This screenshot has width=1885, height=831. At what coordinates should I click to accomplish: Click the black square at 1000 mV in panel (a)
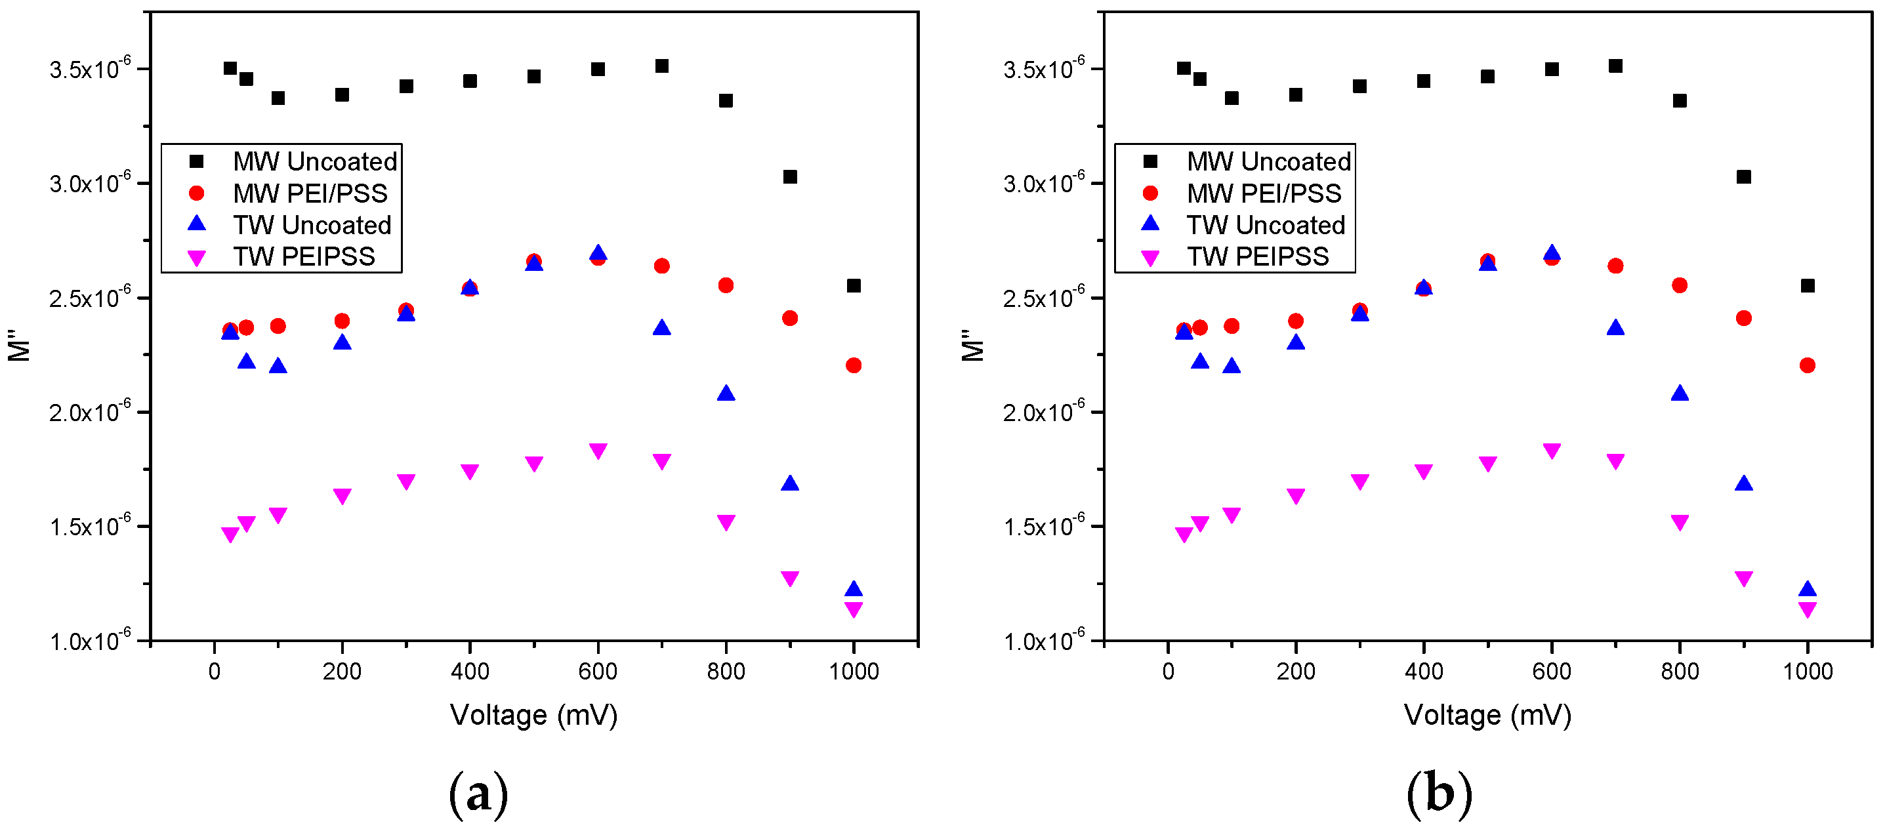(x=853, y=285)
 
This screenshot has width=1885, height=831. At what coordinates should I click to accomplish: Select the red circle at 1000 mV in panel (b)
(x=1807, y=365)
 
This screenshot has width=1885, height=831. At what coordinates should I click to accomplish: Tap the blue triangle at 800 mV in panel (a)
(x=726, y=394)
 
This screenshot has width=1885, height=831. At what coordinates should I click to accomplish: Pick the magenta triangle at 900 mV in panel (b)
(x=1744, y=578)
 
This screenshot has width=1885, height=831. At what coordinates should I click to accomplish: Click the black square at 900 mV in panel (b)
(x=1744, y=177)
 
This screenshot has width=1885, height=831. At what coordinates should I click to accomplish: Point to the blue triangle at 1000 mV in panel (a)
(x=853, y=590)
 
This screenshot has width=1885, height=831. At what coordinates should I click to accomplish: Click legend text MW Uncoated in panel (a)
(x=315, y=161)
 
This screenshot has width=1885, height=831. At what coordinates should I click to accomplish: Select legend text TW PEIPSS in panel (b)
(x=1257, y=256)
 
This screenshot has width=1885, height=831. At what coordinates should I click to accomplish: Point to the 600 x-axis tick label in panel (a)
(x=597, y=671)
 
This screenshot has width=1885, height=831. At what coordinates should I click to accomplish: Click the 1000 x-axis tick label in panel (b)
(x=1807, y=671)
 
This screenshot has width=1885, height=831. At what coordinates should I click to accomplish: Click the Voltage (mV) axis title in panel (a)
(x=533, y=715)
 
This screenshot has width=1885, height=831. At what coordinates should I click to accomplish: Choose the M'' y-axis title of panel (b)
(x=972, y=345)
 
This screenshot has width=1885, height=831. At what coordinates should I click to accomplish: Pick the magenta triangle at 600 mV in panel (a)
(x=598, y=451)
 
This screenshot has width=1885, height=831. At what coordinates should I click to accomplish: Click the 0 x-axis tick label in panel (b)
(x=1168, y=671)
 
